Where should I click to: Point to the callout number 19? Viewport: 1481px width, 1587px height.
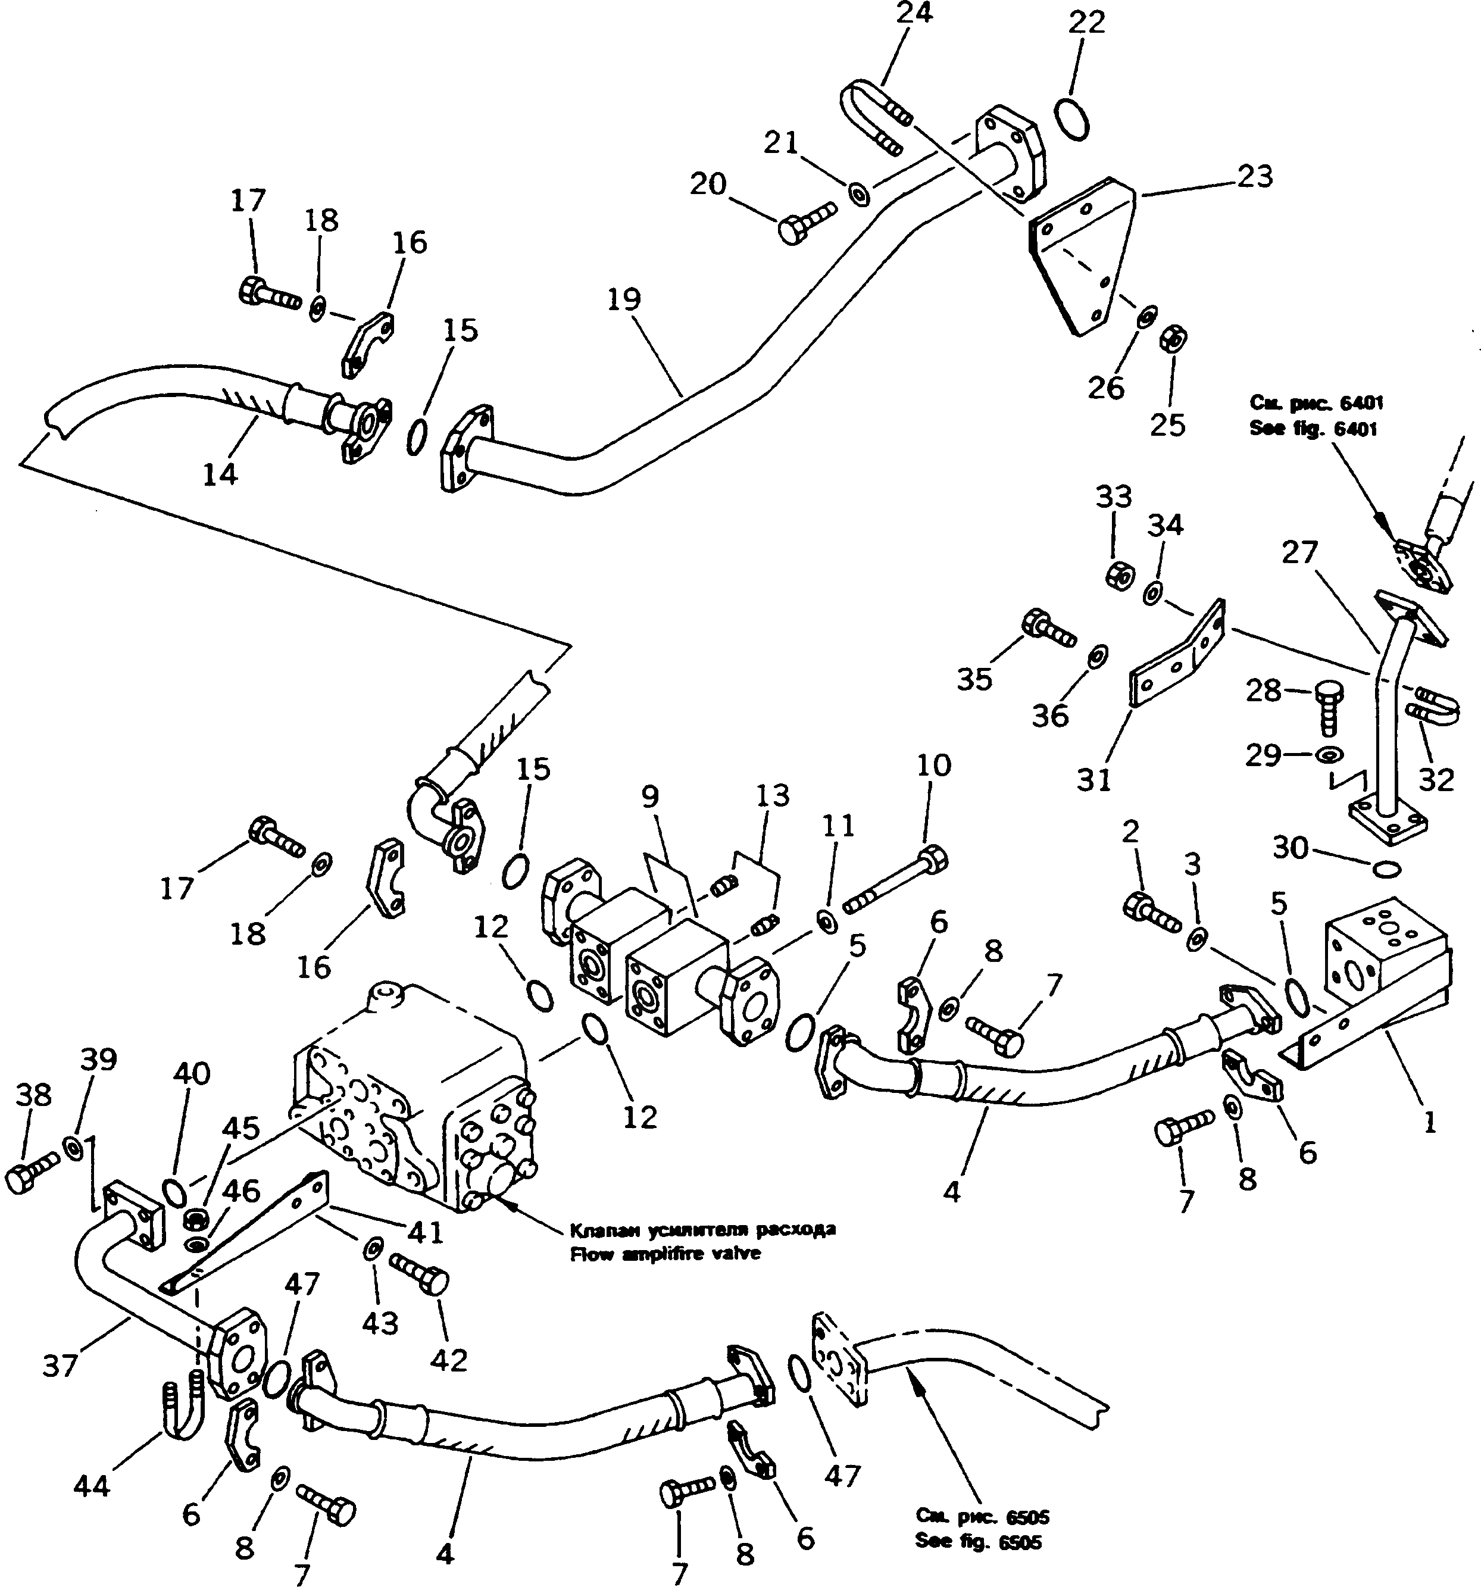tap(624, 299)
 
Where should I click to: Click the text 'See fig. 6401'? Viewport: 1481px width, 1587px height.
tap(1313, 429)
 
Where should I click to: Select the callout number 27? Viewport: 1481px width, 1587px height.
tap(1299, 552)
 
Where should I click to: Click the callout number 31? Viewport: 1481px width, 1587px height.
tap(1093, 779)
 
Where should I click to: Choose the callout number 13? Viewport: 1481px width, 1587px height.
tap(772, 795)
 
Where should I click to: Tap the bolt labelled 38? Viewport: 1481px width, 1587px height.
tap(30, 1178)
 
